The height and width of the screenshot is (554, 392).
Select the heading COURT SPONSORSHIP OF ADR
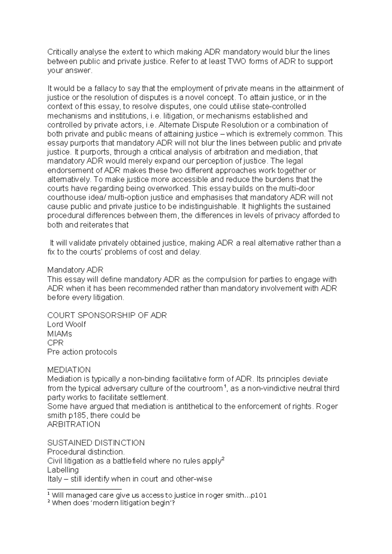(107, 315)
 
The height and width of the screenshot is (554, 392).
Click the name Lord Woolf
(67, 324)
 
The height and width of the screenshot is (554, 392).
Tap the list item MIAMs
(60, 334)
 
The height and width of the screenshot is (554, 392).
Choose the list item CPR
(56, 343)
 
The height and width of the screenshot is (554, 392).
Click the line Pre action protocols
(82, 352)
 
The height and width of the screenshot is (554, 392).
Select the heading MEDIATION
(69, 370)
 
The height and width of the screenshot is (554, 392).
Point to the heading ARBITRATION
(73, 424)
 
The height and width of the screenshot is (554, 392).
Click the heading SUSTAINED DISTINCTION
(96, 443)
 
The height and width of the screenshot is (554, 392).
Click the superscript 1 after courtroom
(224, 386)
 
